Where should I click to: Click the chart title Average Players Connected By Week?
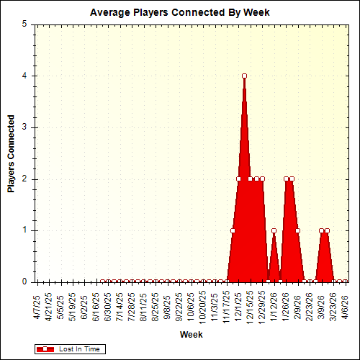pyautogui.click(x=179, y=13)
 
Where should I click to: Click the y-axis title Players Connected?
pyautogui.click(x=12, y=152)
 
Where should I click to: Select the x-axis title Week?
pyautogui.click(x=191, y=335)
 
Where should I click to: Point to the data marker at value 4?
pyautogui.click(x=245, y=76)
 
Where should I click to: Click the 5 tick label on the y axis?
pyautogui.click(x=25, y=24)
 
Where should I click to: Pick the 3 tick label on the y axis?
pyautogui.click(x=25, y=127)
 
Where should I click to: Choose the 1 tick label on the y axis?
pyautogui.click(x=25, y=230)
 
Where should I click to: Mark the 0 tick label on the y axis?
pyautogui.click(x=25, y=282)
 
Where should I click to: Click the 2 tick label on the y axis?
pyautogui.click(x=25, y=179)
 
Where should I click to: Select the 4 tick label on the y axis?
pyautogui.click(x=25, y=76)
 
